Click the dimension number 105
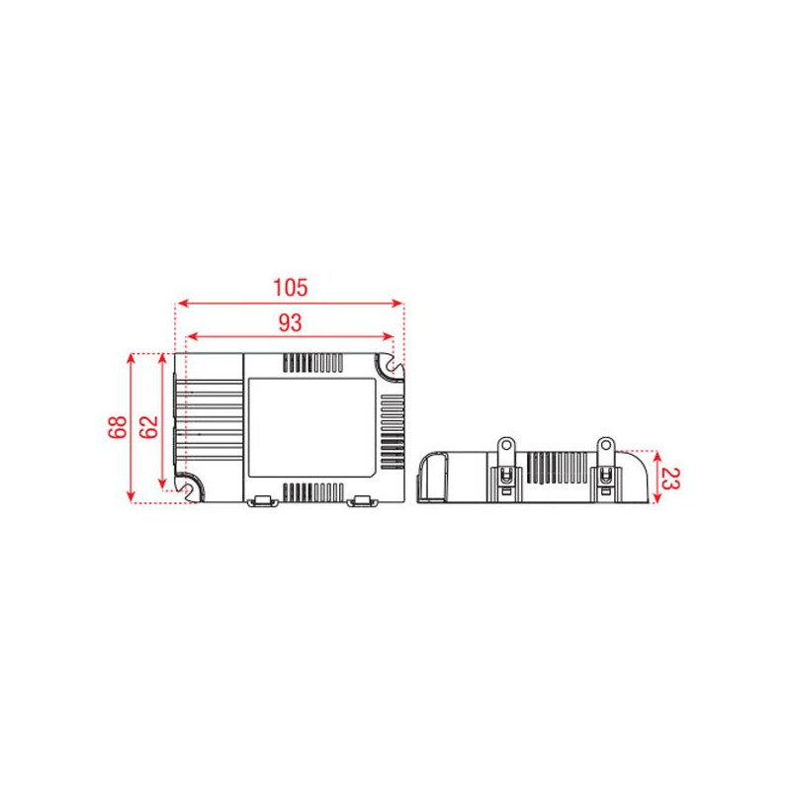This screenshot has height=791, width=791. [290, 288]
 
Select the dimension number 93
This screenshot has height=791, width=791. [290, 323]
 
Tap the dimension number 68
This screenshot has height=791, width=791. [118, 427]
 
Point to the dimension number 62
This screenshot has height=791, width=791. [149, 427]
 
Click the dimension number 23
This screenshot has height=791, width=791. [670, 479]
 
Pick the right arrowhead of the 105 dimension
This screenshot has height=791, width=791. [398, 304]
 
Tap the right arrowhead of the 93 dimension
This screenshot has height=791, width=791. [388, 336]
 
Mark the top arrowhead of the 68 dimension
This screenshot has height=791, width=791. [131, 358]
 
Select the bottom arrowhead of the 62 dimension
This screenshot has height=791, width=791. [162, 483]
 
